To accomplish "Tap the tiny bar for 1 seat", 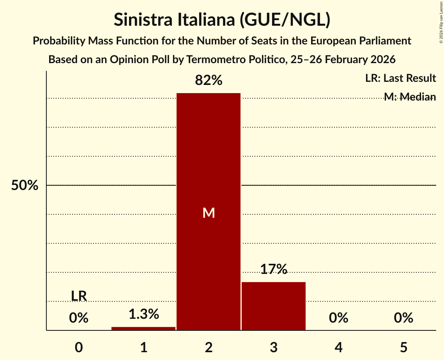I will (x=143, y=328).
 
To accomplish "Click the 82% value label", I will (x=209, y=81).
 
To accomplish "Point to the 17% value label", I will (x=274, y=269).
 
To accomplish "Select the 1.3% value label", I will (x=143, y=314).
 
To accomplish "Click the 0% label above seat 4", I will (x=338, y=318).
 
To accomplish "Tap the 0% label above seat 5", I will (x=403, y=318).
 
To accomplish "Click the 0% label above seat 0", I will (x=79, y=318).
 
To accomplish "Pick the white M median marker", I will (x=209, y=213).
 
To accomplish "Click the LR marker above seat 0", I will (x=79, y=296).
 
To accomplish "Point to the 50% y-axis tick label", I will (x=25, y=185).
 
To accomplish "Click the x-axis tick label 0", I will (x=79, y=347).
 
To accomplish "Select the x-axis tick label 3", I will (x=274, y=347).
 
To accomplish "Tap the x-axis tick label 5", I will (x=403, y=347).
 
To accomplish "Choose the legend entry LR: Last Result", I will (x=400, y=78).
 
